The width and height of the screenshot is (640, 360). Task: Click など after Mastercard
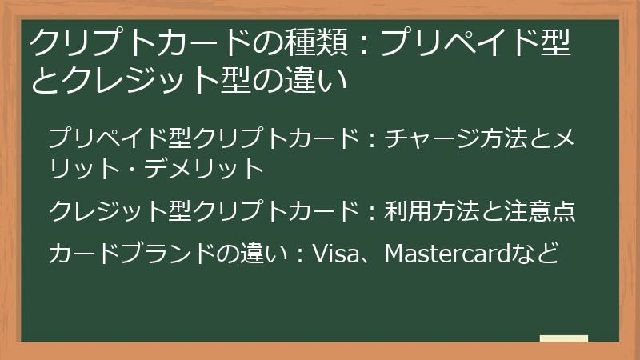(540, 254)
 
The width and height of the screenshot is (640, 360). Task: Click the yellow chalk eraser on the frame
(563, 339)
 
